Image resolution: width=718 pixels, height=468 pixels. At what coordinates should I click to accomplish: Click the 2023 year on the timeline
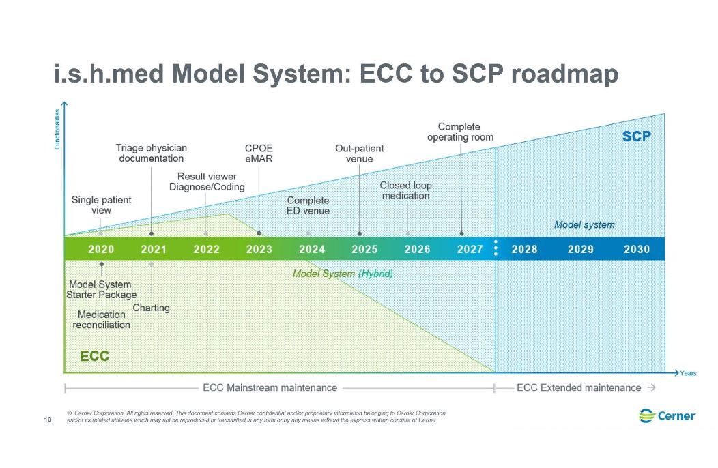(259, 249)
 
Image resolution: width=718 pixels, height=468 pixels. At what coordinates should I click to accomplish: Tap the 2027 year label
(470, 249)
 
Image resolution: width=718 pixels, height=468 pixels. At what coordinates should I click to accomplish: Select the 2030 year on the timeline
(636, 249)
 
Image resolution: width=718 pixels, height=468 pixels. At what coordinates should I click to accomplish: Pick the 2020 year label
(101, 249)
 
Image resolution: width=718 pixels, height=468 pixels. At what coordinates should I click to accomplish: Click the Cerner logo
(667, 415)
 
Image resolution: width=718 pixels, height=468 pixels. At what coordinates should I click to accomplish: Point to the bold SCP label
(636, 136)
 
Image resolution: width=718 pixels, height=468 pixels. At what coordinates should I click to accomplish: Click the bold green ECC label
(94, 356)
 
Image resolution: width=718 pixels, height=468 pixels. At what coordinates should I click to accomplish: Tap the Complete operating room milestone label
(460, 132)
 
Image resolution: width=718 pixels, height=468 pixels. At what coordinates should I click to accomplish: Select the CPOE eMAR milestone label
(259, 153)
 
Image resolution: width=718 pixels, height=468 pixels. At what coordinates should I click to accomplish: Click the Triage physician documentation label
(151, 153)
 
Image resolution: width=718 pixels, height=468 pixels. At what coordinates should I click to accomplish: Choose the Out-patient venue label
(360, 153)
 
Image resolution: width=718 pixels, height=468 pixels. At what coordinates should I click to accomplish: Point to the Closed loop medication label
(406, 190)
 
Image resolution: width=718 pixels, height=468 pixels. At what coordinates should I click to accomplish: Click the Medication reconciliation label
(102, 319)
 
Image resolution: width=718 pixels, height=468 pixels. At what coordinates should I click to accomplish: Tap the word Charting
(151, 308)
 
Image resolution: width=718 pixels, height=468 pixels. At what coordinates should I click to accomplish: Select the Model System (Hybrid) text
(343, 273)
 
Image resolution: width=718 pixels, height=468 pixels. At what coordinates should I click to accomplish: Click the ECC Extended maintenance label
(579, 387)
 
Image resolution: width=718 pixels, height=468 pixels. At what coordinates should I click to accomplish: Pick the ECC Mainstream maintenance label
(270, 387)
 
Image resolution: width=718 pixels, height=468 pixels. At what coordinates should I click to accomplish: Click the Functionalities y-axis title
(57, 130)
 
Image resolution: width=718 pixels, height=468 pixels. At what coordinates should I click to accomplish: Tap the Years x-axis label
(688, 373)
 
